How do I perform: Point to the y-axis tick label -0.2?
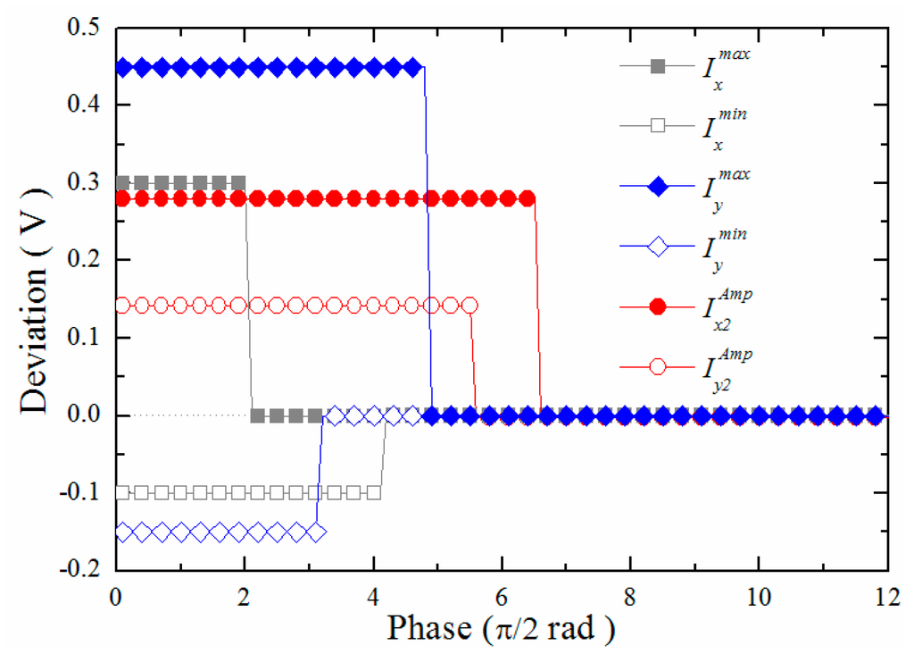[85, 570]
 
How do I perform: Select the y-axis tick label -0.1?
[85, 492]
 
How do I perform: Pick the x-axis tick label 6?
[502, 596]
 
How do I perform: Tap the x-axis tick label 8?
[630, 596]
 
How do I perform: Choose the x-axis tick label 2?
[245, 596]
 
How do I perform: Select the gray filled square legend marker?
[659, 66]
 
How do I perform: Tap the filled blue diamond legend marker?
[659, 186]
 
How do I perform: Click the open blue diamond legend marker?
[659, 247]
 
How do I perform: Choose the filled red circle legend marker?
[659, 307]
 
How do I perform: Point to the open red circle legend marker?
[659, 367]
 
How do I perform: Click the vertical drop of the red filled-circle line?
[538, 304]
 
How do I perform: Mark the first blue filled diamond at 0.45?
[124, 67]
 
